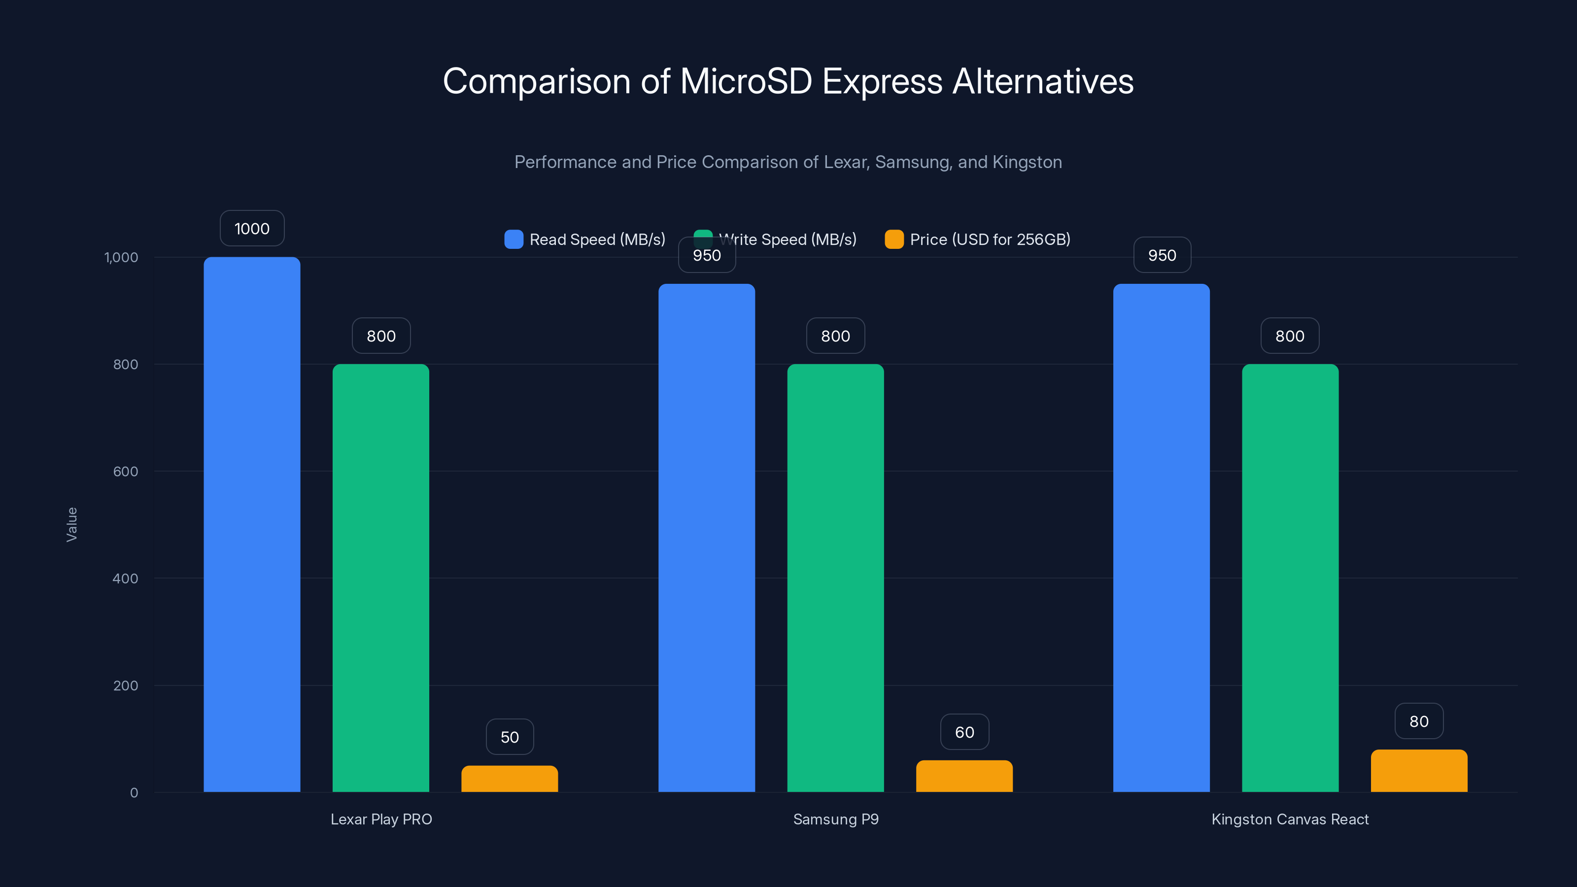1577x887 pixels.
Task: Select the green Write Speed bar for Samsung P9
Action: coord(835,578)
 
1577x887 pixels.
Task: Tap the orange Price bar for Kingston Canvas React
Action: coord(1418,771)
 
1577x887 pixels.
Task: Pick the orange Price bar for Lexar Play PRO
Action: coord(510,779)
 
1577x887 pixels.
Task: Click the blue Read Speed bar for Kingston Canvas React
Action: coord(1161,538)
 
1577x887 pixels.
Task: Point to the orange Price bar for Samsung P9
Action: coord(964,776)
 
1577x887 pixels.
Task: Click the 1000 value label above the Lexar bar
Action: coord(252,228)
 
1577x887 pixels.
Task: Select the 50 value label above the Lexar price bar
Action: coord(510,737)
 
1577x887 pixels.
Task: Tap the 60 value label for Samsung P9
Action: coord(964,732)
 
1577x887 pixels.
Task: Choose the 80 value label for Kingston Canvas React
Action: coord(1418,721)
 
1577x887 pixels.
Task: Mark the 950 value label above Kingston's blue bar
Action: coord(1162,255)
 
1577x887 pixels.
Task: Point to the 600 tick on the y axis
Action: coord(126,472)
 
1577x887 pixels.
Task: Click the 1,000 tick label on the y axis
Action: coord(121,257)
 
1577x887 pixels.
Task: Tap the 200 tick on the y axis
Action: coord(126,685)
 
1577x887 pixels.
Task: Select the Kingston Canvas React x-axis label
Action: coord(1290,819)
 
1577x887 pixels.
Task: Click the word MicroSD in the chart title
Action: coord(746,81)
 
